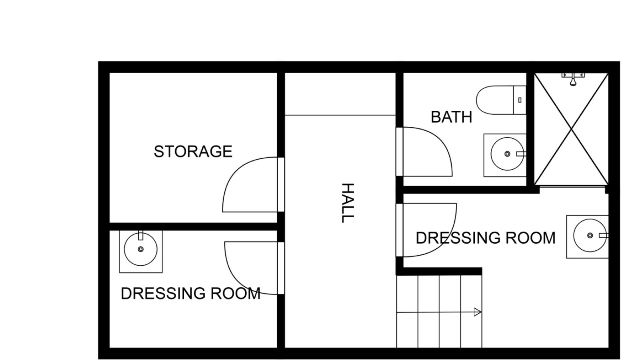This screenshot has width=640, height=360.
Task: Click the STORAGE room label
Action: pos(193,152)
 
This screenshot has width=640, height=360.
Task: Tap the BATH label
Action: pos(451,117)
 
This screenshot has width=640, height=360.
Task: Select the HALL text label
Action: pos(347,203)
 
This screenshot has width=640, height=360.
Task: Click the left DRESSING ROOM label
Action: pos(190,294)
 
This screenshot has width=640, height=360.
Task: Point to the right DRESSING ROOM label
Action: pos(486,238)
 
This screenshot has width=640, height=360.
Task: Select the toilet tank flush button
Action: pos(520,100)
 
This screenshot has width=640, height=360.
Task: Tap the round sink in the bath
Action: pos(507,154)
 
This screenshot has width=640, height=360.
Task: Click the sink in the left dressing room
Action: pos(141,249)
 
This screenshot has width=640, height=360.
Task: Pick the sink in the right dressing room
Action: pos(590,236)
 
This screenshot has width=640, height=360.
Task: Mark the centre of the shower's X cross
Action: pos(572,129)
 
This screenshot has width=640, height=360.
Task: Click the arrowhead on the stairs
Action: pos(478,312)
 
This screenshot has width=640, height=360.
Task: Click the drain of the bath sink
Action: pos(507,154)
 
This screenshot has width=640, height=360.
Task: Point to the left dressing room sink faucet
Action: pos(141,235)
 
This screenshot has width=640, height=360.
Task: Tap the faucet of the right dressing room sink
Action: pos(603,235)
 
